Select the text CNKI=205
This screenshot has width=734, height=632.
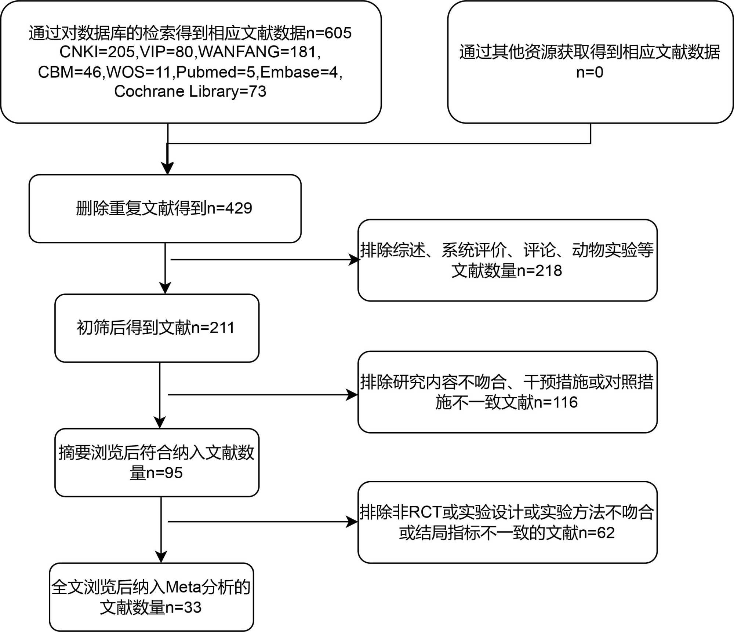(x=97, y=52)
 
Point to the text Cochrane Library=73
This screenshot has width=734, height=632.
(x=190, y=91)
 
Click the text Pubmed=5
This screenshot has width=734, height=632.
(x=215, y=72)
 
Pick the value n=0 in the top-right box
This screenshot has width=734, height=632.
(x=590, y=72)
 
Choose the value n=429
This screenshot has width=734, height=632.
(x=230, y=208)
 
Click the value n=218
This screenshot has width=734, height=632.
(x=539, y=271)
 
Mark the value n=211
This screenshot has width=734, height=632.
(x=213, y=328)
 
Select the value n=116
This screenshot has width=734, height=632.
(x=556, y=402)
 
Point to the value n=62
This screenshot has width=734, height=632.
(x=597, y=533)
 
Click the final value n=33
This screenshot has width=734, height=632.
(x=183, y=607)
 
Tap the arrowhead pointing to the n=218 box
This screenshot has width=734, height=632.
(x=354, y=260)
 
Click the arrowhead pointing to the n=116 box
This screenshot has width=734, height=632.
(x=352, y=395)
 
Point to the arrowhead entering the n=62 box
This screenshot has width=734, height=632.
(x=352, y=522)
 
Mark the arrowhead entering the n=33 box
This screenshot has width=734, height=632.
(x=161, y=557)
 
